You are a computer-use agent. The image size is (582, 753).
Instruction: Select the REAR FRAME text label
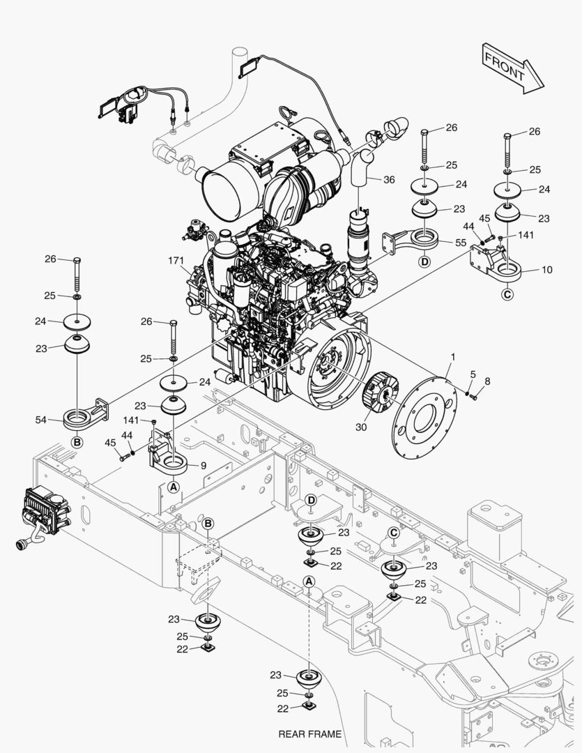point(309,733)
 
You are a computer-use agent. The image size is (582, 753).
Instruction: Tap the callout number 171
point(176,260)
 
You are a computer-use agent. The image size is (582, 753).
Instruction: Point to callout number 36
point(388,179)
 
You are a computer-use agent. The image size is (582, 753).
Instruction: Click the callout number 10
point(547,270)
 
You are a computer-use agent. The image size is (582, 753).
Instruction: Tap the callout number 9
point(203,465)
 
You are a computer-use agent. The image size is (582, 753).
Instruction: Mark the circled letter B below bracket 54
point(77,442)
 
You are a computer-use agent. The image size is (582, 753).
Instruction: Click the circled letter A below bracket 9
point(174,487)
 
